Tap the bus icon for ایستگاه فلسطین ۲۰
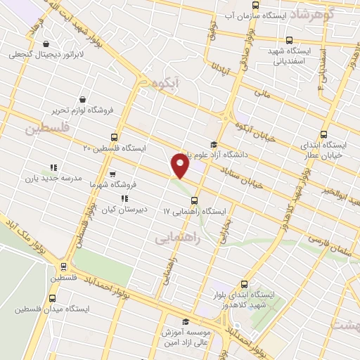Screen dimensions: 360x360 (115, 138)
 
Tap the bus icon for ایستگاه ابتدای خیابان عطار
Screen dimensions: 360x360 (323, 134)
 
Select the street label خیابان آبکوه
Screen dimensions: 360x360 (251, 124)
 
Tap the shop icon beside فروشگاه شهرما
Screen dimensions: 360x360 (112, 174)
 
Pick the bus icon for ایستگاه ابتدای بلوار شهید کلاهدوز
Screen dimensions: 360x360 (244, 284)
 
